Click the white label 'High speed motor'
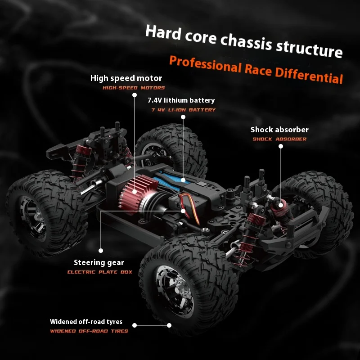pos(126,78)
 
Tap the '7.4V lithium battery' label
pos(181,100)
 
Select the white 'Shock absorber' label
pos(279,130)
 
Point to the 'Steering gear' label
pos(99,263)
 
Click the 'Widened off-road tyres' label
pos(86,322)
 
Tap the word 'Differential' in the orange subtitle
pos(309,74)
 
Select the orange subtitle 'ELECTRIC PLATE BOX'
pos(99,272)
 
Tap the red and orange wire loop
pos(190,208)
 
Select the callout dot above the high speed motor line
pos(135,95)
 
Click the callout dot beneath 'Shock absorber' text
pos(280,146)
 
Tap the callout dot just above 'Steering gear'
pos(100,251)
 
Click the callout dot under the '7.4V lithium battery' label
pos(183,117)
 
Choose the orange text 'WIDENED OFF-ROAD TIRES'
pos(89,331)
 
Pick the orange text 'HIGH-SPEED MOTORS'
pos(134,88)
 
